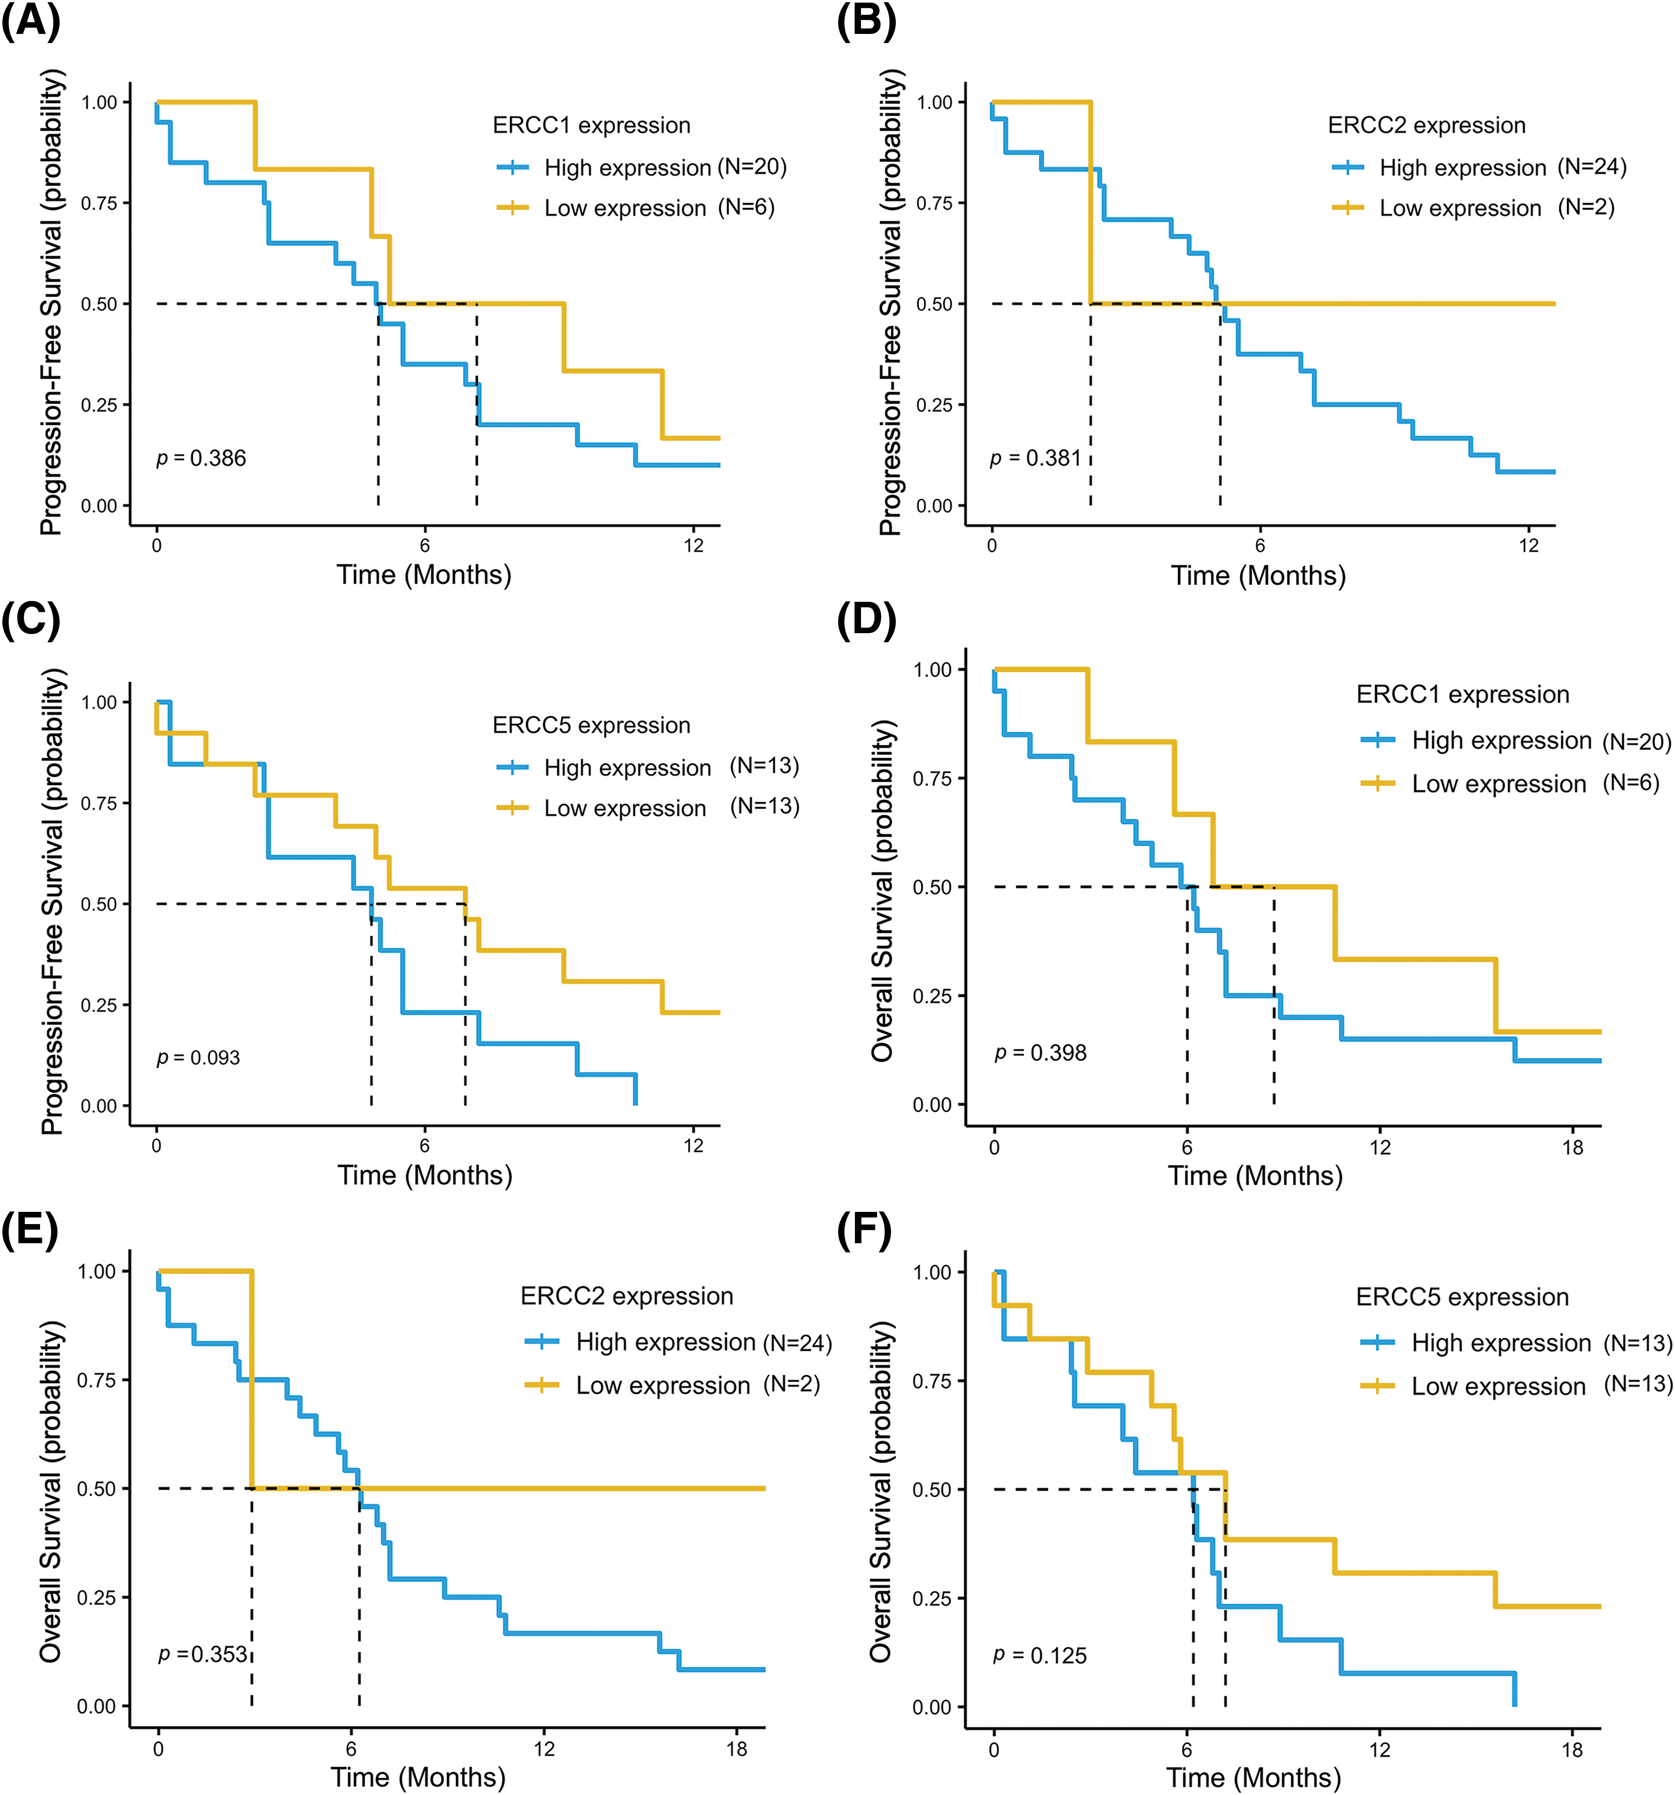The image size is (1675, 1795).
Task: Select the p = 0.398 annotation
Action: coord(1040,1053)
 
